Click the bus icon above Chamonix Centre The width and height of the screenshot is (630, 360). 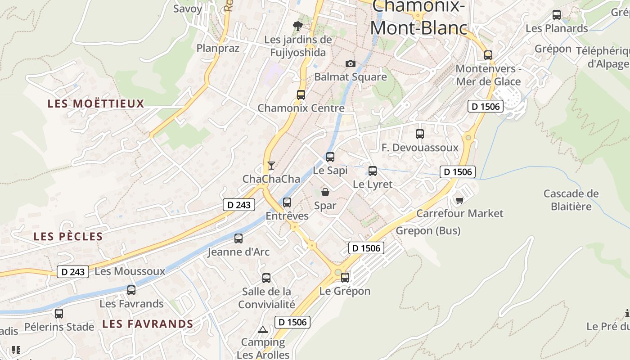[x=301, y=95]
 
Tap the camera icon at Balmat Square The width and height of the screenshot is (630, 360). [x=350, y=64]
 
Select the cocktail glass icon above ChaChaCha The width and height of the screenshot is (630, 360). [x=271, y=166]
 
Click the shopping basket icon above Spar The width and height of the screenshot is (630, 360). [x=325, y=193]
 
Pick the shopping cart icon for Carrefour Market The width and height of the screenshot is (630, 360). [x=459, y=200]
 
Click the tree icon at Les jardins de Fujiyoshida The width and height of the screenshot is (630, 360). [x=297, y=26]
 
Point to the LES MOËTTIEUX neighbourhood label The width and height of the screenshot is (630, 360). [x=96, y=103]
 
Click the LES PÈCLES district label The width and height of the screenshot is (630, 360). [x=68, y=236]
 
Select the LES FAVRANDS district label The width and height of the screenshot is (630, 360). [x=148, y=324]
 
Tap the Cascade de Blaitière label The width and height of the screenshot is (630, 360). [x=571, y=200]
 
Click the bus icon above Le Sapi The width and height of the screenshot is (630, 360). [x=330, y=157]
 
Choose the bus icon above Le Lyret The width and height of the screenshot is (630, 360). [x=373, y=171]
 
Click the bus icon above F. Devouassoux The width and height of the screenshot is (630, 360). [x=420, y=134]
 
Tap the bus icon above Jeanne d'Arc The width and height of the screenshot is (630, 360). [x=238, y=238]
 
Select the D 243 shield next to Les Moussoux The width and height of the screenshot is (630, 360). [x=72, y=272]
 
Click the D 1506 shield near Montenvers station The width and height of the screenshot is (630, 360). [x=485, y=107]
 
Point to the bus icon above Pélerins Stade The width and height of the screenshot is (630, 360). [x=59, y=314]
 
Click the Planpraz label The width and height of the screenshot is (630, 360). [x=218, y=48]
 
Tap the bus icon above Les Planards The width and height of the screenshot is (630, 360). [x=557, y=15]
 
